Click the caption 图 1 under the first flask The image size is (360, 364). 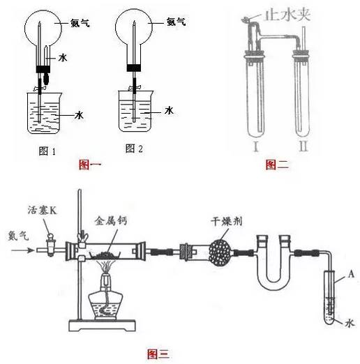pos(47,151)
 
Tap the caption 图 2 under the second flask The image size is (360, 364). pos(134,149)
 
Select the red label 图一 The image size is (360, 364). pos(90,165)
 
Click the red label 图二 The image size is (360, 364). pos(277,165)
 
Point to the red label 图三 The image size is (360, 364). pos(158,354)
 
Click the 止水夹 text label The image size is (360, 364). pos(287,15)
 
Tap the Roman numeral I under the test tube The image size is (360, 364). pos(256,146)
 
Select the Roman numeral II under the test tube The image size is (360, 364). pos(303,146)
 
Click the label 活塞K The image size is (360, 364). pos(42,210)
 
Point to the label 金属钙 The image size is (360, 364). pos(111,220)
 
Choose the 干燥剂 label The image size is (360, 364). pos(227,221)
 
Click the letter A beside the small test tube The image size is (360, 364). pos(351,274)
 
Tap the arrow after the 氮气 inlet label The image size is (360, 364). pos(22,250)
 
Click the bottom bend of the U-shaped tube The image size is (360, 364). pos(273,285)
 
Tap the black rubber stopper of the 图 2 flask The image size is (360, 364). pos(134,68)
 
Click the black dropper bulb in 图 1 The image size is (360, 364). pos(47,79)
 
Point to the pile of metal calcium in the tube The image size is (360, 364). pos(104,255)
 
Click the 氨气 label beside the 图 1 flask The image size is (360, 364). pos(80,23)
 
